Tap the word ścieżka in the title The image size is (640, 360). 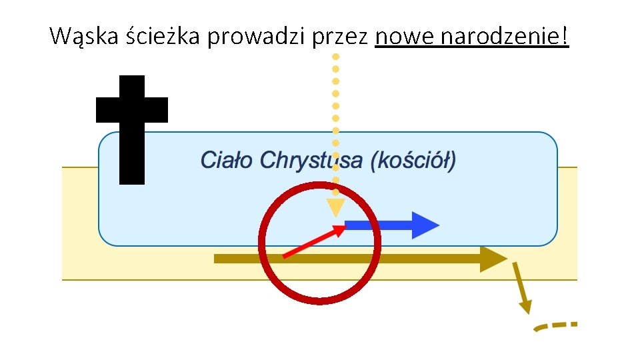[163, 37]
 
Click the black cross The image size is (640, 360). [131, 130]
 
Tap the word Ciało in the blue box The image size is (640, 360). [227, 161]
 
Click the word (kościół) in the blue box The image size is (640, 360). [413, 161]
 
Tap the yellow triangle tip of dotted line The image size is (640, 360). [335, 207]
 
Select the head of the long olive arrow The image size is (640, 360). [493, 259]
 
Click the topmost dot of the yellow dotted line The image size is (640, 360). [336, 57]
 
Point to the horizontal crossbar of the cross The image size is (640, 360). [131, 110]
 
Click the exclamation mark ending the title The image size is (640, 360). [566, 37]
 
